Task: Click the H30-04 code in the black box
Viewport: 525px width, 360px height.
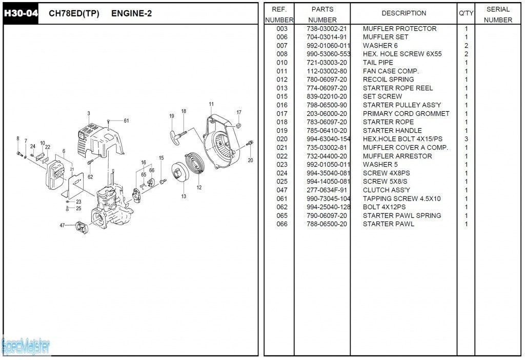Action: coord(21,14)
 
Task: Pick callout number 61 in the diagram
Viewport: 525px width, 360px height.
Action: coord(126,121)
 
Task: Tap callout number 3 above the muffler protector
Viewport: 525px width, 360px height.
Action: coord(89,113)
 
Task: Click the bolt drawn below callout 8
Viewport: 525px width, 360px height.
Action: coord(19,152)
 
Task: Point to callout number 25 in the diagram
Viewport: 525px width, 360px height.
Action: coord(78,208)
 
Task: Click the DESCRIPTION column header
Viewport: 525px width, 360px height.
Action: coord(403,13)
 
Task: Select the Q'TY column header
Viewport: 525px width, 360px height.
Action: coord(466,13)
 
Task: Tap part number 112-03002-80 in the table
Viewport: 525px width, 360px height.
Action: coord(327,71)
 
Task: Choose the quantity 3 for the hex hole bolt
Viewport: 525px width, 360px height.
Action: coord(466,139)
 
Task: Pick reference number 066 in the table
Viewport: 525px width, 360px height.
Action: coord(282,224)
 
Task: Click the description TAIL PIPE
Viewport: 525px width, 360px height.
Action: coord(378,63)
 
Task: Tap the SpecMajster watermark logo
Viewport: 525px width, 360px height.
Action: coord(26,346)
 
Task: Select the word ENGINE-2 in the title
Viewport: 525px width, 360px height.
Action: coord(131,14)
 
